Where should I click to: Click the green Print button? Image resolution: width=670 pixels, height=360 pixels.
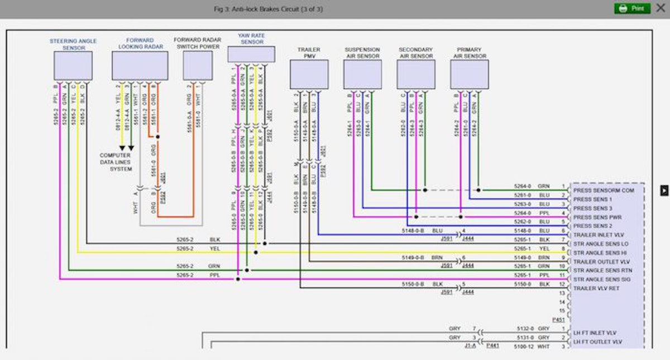click(632, 8)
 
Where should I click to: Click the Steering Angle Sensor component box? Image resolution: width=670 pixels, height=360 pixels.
click(73, 66)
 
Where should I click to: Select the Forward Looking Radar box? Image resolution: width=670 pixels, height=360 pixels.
click(140, 66)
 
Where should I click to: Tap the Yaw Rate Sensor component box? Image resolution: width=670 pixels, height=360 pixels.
click(251, 54)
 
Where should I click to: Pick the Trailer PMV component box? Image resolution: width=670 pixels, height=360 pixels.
click(309, 74)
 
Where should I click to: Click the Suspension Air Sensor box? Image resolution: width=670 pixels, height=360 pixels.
click(362, 74)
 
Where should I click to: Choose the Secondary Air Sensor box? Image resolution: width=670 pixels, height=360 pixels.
click(416, 74)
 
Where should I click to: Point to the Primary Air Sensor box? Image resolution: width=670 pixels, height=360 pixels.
click(469, 74)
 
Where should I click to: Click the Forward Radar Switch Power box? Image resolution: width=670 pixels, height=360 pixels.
click(198, 66)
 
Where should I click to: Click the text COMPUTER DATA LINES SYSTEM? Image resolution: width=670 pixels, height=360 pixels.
click(116, 162)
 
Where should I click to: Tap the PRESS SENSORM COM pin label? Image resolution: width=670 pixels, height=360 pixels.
click(604, 190)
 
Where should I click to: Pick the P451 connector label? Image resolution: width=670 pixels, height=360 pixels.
click(558, 320)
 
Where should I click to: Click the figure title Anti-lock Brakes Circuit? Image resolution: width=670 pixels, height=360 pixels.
click(269, 9)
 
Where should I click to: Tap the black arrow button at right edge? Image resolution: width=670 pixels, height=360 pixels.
click(664, 190)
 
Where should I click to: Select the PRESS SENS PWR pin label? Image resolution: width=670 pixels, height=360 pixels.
click(598, 217)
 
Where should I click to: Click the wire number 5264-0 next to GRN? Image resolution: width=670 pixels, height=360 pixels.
click(523, 185)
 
